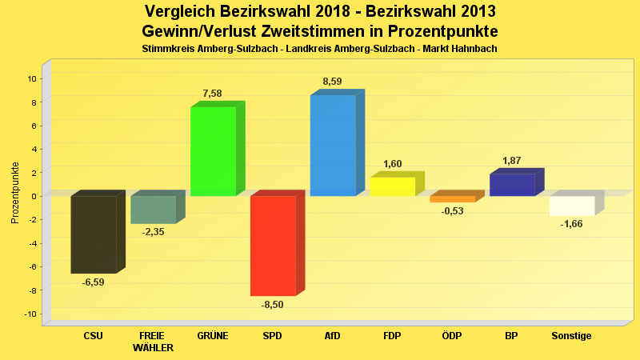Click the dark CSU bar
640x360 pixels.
[x=94, y=234]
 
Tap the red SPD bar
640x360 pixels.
[x=273, y=245]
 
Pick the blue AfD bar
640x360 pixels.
[x=333, y=145]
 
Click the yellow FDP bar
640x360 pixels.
[x=392, y=186]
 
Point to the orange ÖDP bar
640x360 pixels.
[x=453, y=199]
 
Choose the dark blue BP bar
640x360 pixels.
[x=512, y=185]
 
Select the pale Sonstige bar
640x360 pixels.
[x=572, y=206]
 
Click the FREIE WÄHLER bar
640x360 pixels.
[x=153, y=210]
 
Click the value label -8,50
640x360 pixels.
[x=273, y=305]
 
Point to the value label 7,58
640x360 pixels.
[x=212, y=94]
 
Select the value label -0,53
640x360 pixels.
[x=453, y=211]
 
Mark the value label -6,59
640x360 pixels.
[x=94, y=282]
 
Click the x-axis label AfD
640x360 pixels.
[x=332, y=336]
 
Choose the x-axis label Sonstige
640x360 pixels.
[x=571, y=336]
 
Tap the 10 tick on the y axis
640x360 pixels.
[x=31, y=78]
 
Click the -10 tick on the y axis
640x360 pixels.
[x=30, y=314]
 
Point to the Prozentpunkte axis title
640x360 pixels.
[x=15, y=193]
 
